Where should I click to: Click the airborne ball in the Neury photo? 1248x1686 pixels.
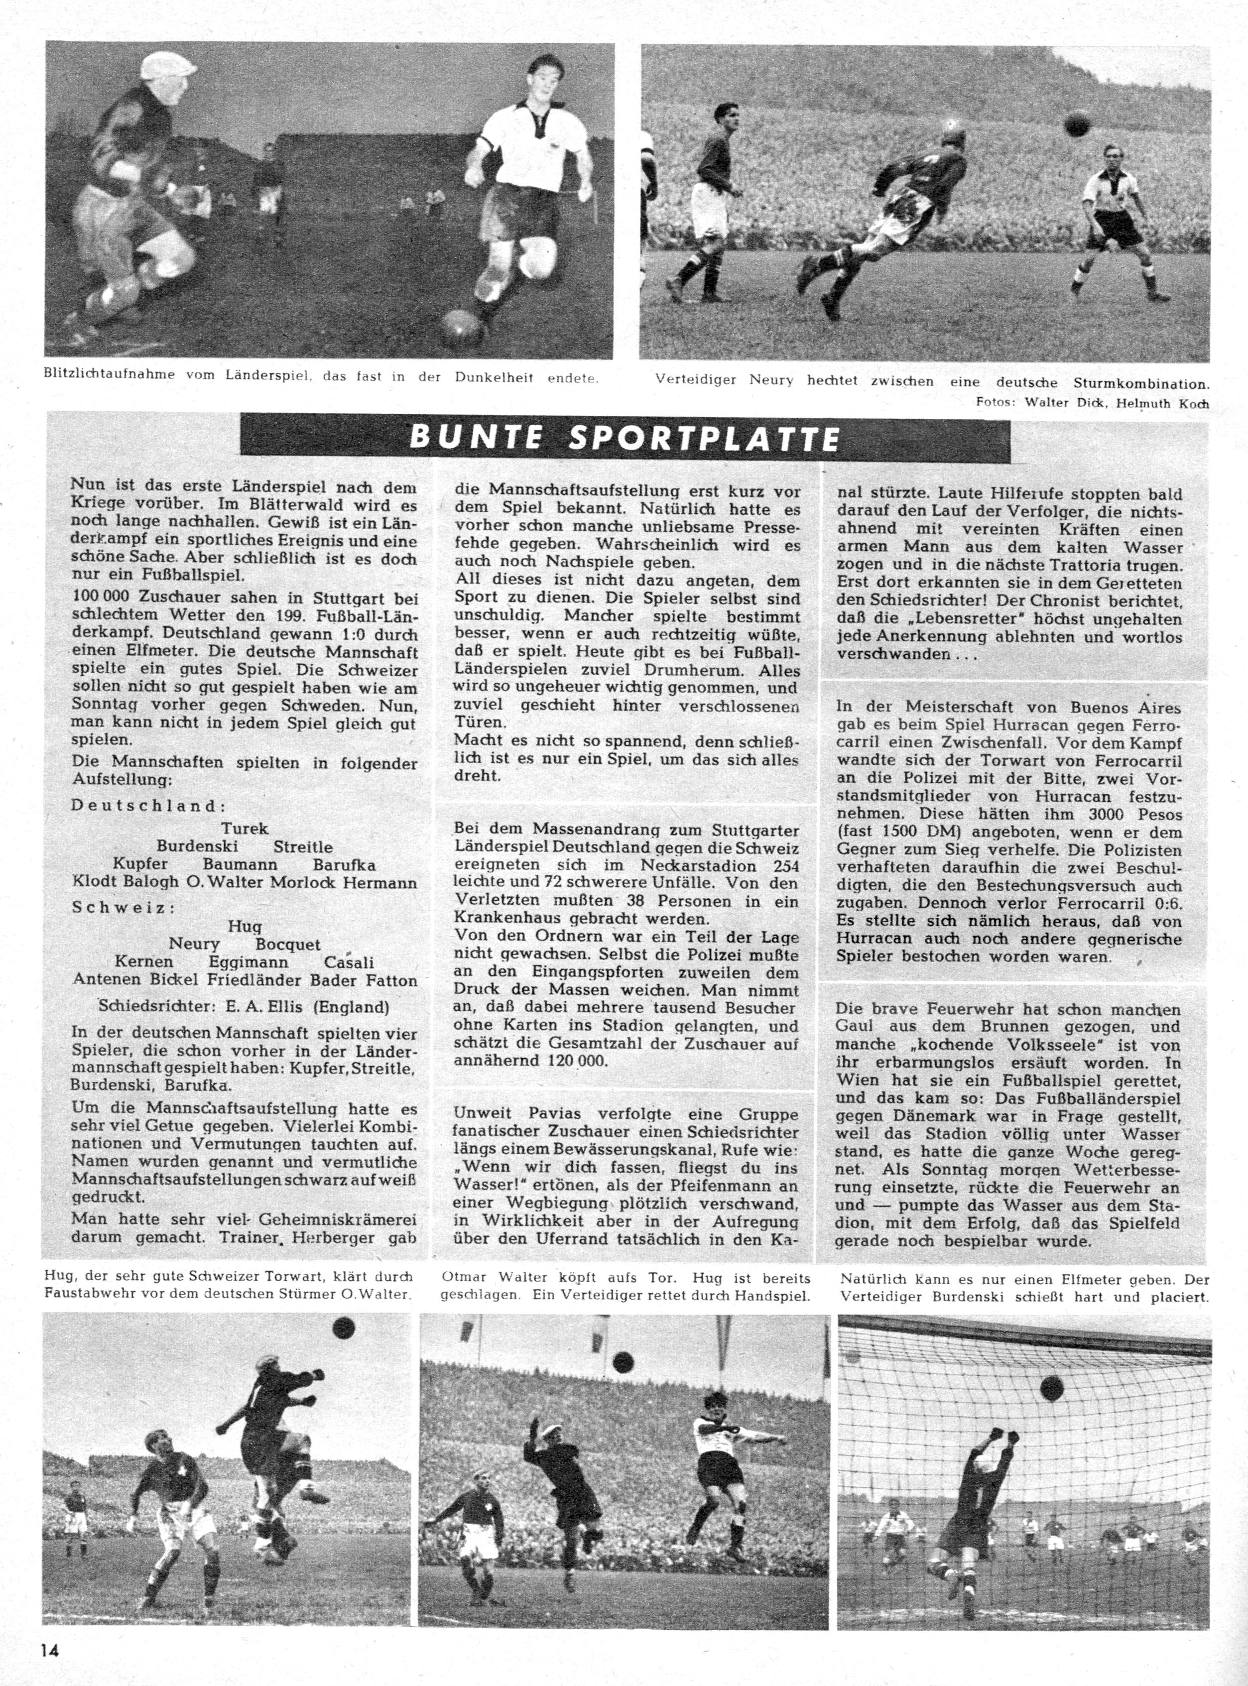[1077, 123]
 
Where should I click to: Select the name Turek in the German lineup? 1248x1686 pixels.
[245, 829]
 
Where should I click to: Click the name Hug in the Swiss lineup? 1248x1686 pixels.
[245, 926]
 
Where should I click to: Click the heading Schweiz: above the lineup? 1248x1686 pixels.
[123, 907]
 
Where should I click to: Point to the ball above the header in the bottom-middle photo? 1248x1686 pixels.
[623, 1362]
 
